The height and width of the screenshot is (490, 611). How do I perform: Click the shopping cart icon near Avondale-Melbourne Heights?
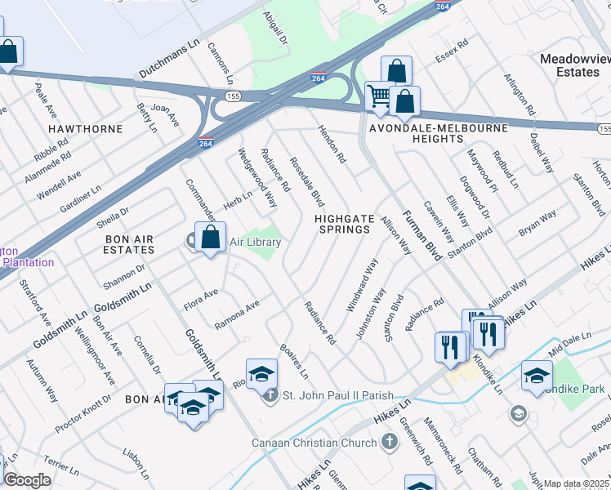[x=378, y=96]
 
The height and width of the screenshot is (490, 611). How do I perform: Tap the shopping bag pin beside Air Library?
[x=211, y=238]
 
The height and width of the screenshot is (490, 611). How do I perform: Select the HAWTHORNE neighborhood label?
[x=85, y=129]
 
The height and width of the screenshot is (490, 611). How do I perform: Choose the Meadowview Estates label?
[x=570, y=66]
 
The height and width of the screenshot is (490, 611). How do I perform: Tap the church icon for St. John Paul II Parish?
[x=271, y=396]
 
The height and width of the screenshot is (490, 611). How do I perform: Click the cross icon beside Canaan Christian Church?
[x=390, y=442]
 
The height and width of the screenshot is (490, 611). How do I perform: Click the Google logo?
[x=27, y=480]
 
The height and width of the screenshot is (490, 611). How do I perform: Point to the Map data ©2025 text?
[x=577, y=484]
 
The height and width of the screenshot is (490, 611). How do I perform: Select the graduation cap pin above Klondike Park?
[x=536, y=375]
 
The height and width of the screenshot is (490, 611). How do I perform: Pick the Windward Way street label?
[x=362, y=285]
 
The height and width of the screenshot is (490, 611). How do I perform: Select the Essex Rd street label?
[x=450, y=51]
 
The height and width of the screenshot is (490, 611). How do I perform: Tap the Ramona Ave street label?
[x=236, y=314]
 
